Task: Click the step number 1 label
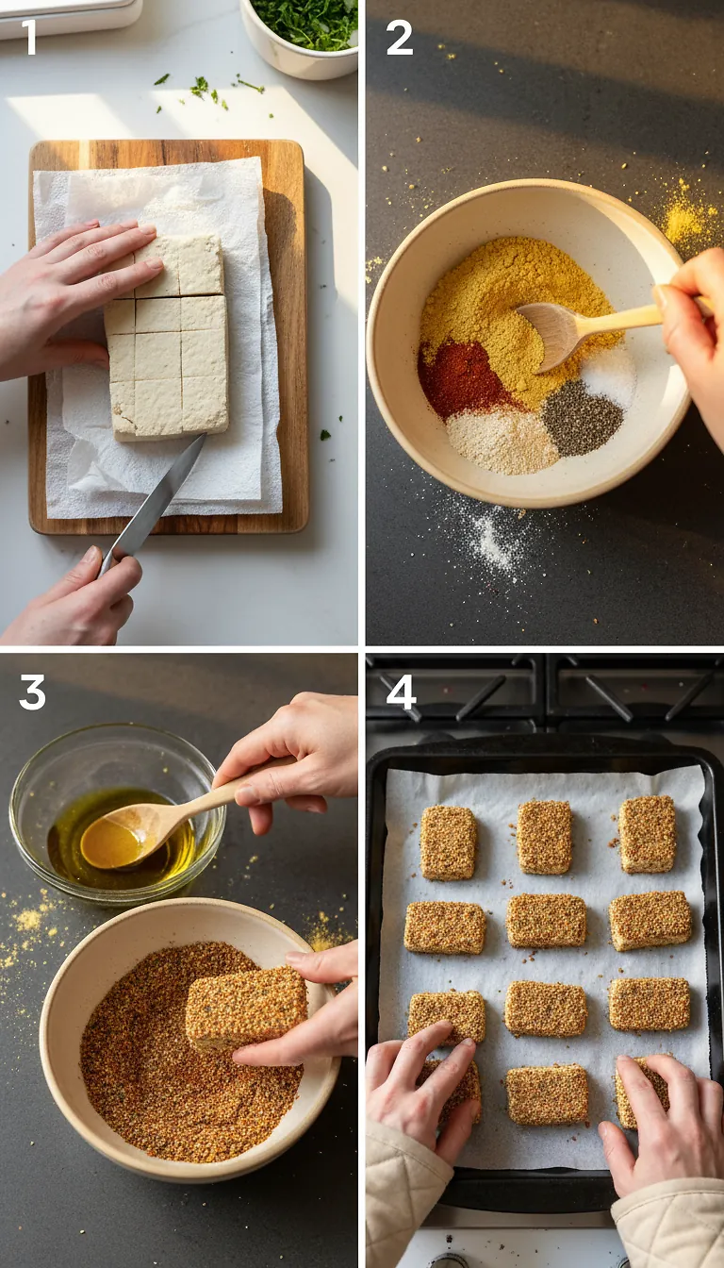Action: [29, 37]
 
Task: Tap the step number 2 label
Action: [399, 37]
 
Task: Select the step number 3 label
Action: [31, 692]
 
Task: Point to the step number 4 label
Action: [401, 692]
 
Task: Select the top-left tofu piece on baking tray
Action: [448, 842]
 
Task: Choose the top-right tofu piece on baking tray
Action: [647, 833]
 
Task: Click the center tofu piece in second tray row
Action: [546, 920]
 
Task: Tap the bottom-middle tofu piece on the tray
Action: [547, 1094]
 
